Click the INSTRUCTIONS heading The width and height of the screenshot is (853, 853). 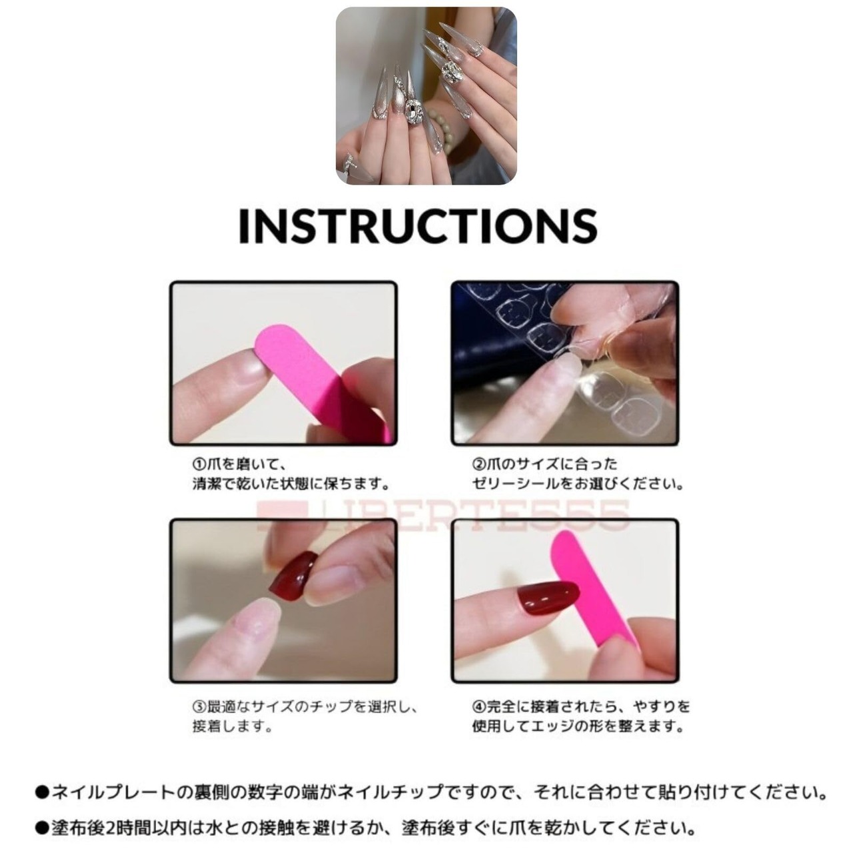[419, 225]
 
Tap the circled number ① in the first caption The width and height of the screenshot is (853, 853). [199, 464]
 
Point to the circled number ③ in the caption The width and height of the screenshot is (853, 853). [199, 706]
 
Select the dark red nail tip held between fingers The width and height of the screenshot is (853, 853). [292, 576]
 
